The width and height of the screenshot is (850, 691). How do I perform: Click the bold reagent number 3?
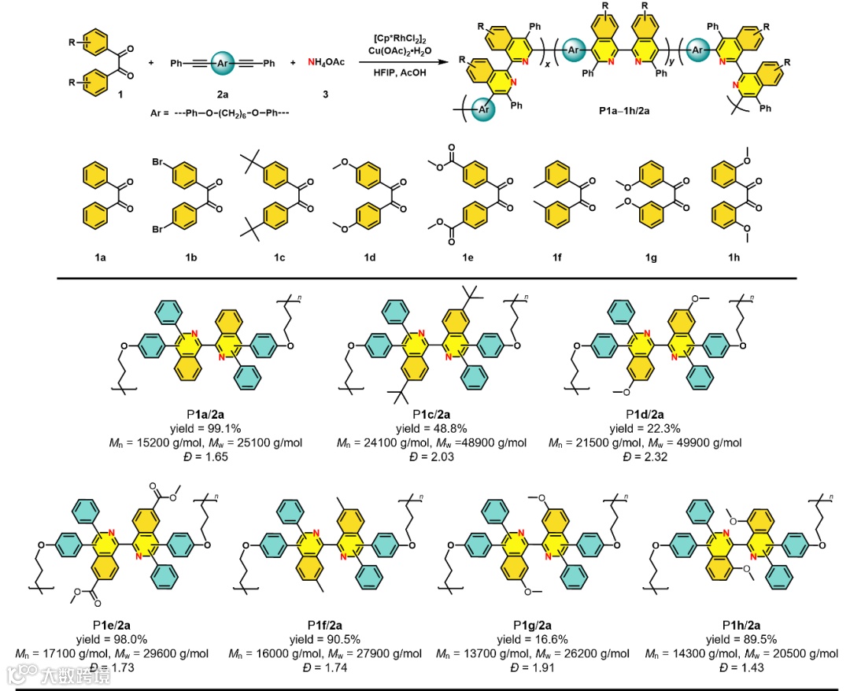click(x=324, y=93)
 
